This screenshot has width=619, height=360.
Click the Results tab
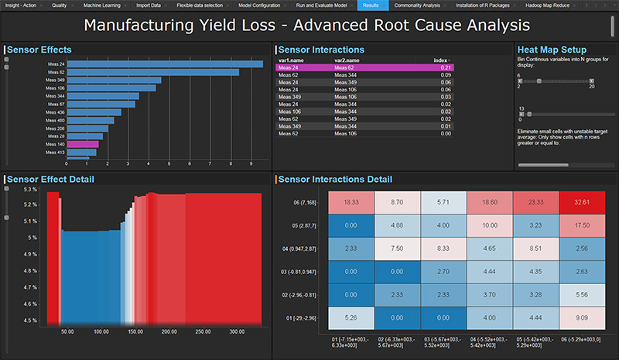click(370, 5)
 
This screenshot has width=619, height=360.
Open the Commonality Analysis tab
click(418, 5)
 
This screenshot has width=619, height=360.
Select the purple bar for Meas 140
click(82, 144)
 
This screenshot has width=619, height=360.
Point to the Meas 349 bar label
click(56, 81)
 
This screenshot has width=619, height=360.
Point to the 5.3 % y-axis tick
click(30, 189)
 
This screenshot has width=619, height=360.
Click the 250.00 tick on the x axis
click(203, 332)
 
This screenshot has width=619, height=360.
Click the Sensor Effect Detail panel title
click(50, 179)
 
